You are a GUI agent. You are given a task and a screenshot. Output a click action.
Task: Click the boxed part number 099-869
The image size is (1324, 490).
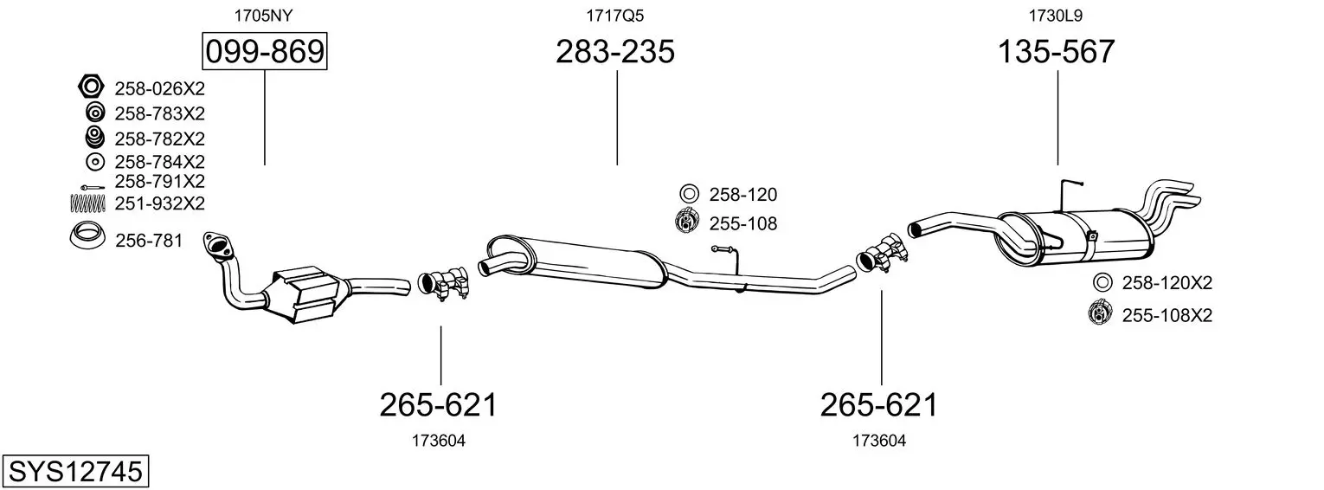[264, 51]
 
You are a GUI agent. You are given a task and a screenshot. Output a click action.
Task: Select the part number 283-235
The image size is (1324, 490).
[615, 51]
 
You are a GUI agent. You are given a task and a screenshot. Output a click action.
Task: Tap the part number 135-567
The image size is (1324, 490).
[1057, 51]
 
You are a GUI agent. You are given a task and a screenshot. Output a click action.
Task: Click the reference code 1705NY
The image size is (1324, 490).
[263, 16]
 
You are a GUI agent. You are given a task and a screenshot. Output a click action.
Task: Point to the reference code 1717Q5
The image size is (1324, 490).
[614, 16]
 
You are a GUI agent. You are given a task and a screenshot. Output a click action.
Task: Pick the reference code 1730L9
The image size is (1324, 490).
[1056, 16]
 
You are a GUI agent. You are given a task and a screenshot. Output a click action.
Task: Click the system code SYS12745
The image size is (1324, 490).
[75, 472]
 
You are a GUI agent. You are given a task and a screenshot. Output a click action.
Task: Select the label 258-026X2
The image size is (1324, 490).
[159, 88]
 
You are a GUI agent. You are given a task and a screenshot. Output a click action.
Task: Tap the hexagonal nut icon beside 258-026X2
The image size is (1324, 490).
[91, 87]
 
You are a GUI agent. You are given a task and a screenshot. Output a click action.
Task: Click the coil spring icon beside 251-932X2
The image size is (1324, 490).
[88, 203]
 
